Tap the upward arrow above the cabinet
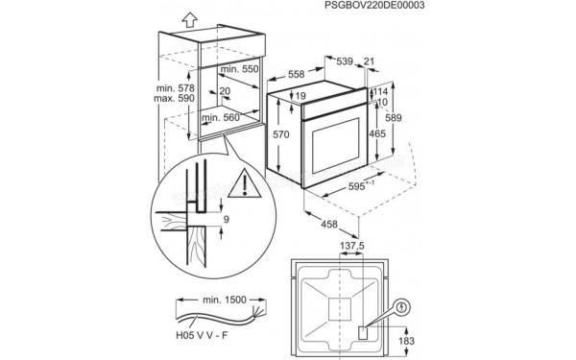coord(192,16)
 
